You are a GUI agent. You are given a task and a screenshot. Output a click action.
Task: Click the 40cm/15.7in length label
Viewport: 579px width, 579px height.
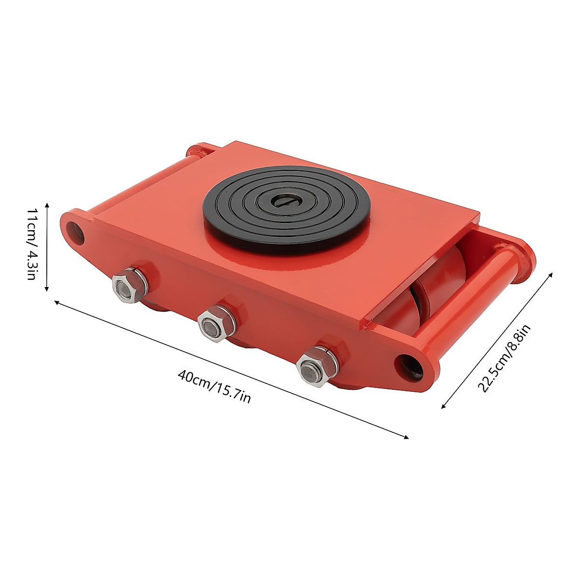point(214,386)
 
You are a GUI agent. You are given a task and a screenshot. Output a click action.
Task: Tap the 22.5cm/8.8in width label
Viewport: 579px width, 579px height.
point(504,358)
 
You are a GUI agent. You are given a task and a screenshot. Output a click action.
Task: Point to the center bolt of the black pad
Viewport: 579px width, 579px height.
point(282,200)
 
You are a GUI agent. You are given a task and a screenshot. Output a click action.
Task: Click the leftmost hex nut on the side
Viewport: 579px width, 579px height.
point(127,288)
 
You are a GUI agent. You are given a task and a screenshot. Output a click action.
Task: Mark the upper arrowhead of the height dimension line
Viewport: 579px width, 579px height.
point(47,205)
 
